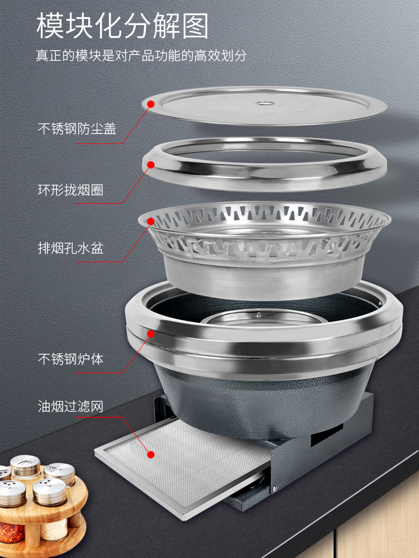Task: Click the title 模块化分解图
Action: click(x=122, y=26)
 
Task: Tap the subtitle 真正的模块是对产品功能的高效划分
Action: click(x=141, y=55)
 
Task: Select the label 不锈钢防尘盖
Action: click(x=77, y=128)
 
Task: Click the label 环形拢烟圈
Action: click(x=70, y=190)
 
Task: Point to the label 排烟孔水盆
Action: click(x=70, y=248)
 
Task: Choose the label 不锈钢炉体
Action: click(x=70, y=359)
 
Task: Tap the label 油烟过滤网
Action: click(x=70, y=406)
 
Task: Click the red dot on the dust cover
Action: click(x=151, y=104)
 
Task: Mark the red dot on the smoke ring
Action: click(x=151, y=165)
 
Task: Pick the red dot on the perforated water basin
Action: click(x=151, y=222)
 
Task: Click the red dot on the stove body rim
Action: click(x=151, y=334)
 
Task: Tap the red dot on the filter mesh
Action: click(x=151, y=454)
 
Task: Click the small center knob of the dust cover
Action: click(x=264, y=104)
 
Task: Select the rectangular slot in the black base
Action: click(x=327, y=435)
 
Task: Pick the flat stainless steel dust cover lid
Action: click(x=264, y=105)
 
